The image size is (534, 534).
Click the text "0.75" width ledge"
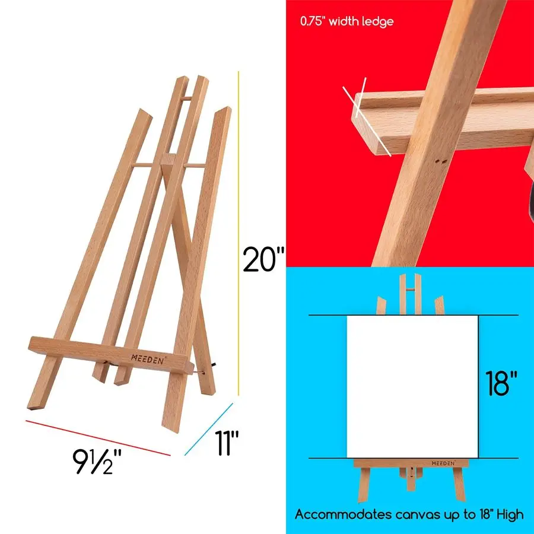(347, 21)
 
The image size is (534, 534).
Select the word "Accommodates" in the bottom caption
(341, 514)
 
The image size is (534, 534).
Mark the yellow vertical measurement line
(239, 231)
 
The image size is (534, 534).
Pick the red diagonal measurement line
(98, 437)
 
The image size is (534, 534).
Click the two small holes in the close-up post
(440, 161)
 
